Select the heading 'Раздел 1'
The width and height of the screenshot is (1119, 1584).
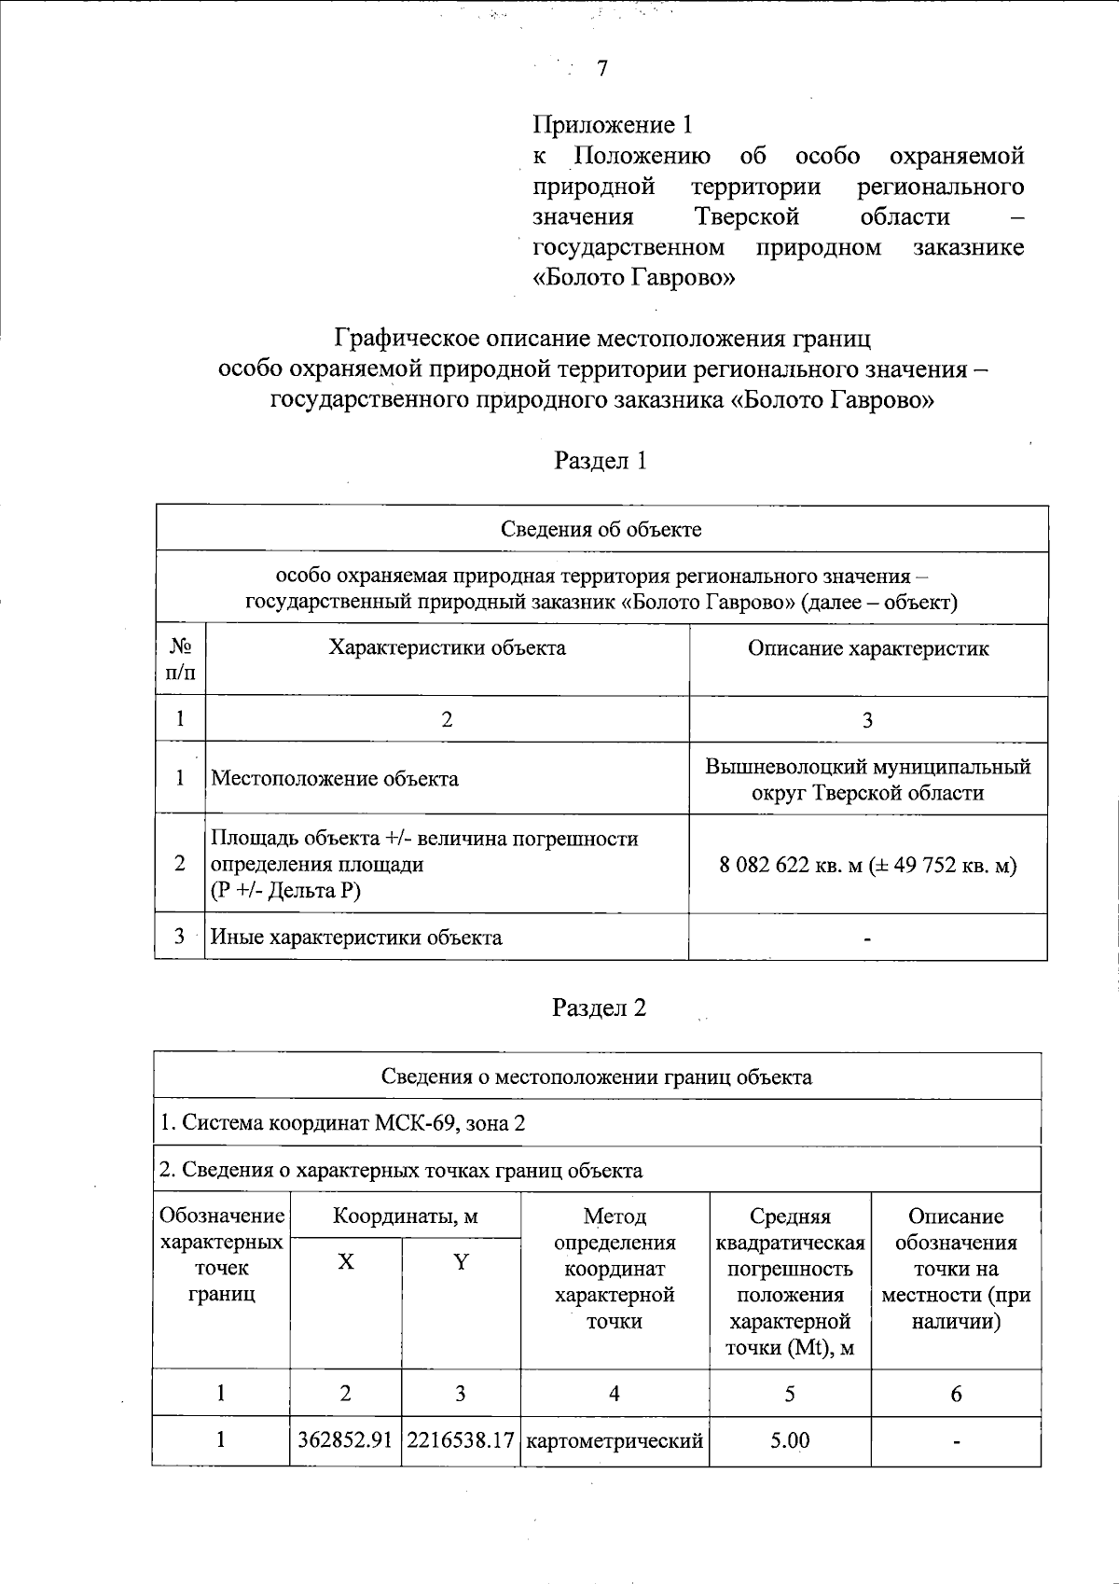[601, 461]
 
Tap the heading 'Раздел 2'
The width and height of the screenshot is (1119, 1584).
[600, 1008]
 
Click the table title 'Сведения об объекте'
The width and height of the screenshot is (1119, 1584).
[601, 530]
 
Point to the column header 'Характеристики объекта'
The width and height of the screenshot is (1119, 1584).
[447, 648]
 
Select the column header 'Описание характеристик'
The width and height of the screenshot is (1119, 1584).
[868, 648]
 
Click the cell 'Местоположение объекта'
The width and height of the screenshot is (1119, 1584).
[335, 779]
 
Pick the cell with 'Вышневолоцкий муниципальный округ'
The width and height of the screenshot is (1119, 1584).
[868, 780]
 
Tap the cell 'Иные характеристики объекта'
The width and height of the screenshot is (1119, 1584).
[356, 938]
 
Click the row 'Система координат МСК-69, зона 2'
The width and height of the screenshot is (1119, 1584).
[342, 1123]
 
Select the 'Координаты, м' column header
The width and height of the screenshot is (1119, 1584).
[406, 1216]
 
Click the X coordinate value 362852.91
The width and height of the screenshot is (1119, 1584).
[345, 1440]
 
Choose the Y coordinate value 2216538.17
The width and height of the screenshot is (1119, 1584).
[461, 1440]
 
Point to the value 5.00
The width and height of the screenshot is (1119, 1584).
[790, 1440]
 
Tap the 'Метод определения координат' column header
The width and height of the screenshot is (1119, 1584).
[615, 1268]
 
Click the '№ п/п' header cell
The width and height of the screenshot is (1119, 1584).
[181, 660]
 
